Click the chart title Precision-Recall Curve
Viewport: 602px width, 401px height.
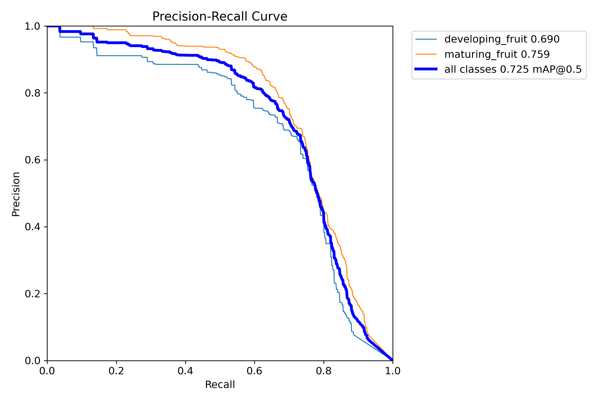click(x=220, y=17)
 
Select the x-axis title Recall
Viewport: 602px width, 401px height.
click(x=220, y=384)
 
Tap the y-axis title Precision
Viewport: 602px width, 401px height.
click(x=16, y=194)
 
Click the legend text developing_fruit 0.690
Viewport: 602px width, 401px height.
click(x=502, y=39)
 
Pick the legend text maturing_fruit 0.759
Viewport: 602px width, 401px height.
click(x=497, y=54)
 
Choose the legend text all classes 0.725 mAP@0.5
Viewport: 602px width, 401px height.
click(x=513, y=70)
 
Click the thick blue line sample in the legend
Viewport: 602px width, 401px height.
click(x=426, y=69)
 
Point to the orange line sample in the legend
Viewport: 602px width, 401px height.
click(x=426, y=54)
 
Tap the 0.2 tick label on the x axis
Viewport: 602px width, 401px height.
click(x=116, y=371)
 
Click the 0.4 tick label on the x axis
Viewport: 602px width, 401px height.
click(x=185, y=371)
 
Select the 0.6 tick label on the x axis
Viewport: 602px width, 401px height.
click(x=254, y=371)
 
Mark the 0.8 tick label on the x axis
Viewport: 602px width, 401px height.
click(x=324, y=371)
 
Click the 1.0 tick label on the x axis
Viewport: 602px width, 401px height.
click(x=393, y=371)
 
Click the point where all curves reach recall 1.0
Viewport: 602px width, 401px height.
click(x=393, y=360)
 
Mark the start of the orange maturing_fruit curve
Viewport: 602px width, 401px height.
click(x=93, y=27)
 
